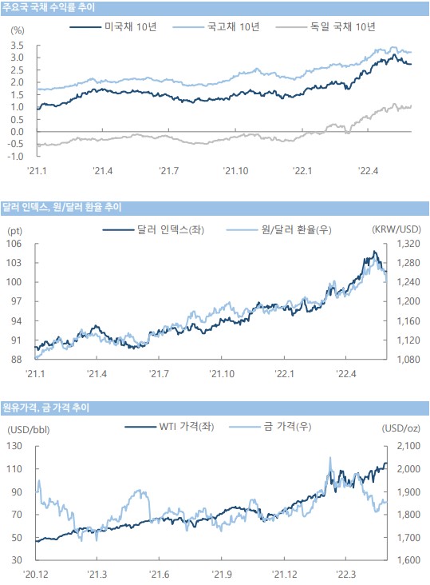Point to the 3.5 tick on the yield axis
(x=17, y=46)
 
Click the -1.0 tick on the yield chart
(x=16, y=157)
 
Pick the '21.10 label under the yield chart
(x=235, y=171)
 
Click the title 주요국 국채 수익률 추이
(x=49, y=7)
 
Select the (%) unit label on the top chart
(x=17, y=30)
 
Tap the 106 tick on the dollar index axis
(x=14, y=244)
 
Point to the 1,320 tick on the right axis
(x=408, y=244)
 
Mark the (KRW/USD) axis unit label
(x=396, y=229)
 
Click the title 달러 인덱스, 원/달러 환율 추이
(x=62, y=207)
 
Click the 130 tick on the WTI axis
(x=14, y=446)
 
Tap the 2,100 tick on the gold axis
(x=408, y=446)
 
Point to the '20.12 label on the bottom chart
(x=36, y=574)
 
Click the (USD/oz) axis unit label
(x=401, y=428)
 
